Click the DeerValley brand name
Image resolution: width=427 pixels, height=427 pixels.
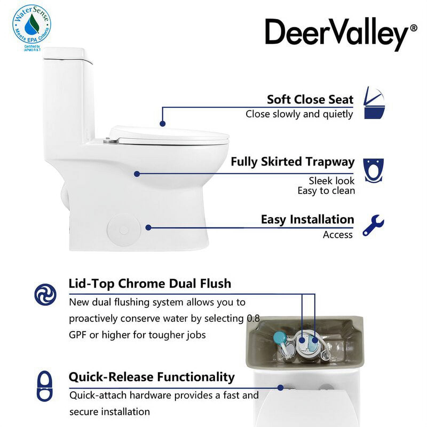pos(336,35)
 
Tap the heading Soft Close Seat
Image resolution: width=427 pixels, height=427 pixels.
pos(310,100)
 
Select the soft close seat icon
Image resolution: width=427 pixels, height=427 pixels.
pos(374,102)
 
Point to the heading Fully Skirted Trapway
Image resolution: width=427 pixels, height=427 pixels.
pos(292,162)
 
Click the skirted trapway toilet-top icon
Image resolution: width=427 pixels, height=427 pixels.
pos(373,171)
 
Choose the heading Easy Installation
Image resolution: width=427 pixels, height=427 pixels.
pos(307,220)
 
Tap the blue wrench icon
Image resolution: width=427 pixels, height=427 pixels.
pos(373,226)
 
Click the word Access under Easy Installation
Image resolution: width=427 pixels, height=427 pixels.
pos(338,235)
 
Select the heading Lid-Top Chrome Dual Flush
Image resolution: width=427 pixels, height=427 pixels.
pos(150,283)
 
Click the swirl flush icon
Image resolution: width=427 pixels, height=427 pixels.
pos(45,295)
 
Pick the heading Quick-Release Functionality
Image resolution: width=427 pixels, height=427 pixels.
pos(152,377)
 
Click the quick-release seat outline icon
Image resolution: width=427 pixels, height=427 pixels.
pos(45,386)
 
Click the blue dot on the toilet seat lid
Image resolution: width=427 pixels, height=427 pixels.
pos(163,124)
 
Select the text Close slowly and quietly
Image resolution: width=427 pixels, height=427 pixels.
pos(299,114)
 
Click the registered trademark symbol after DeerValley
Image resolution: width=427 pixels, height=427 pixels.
pos(413,28)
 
